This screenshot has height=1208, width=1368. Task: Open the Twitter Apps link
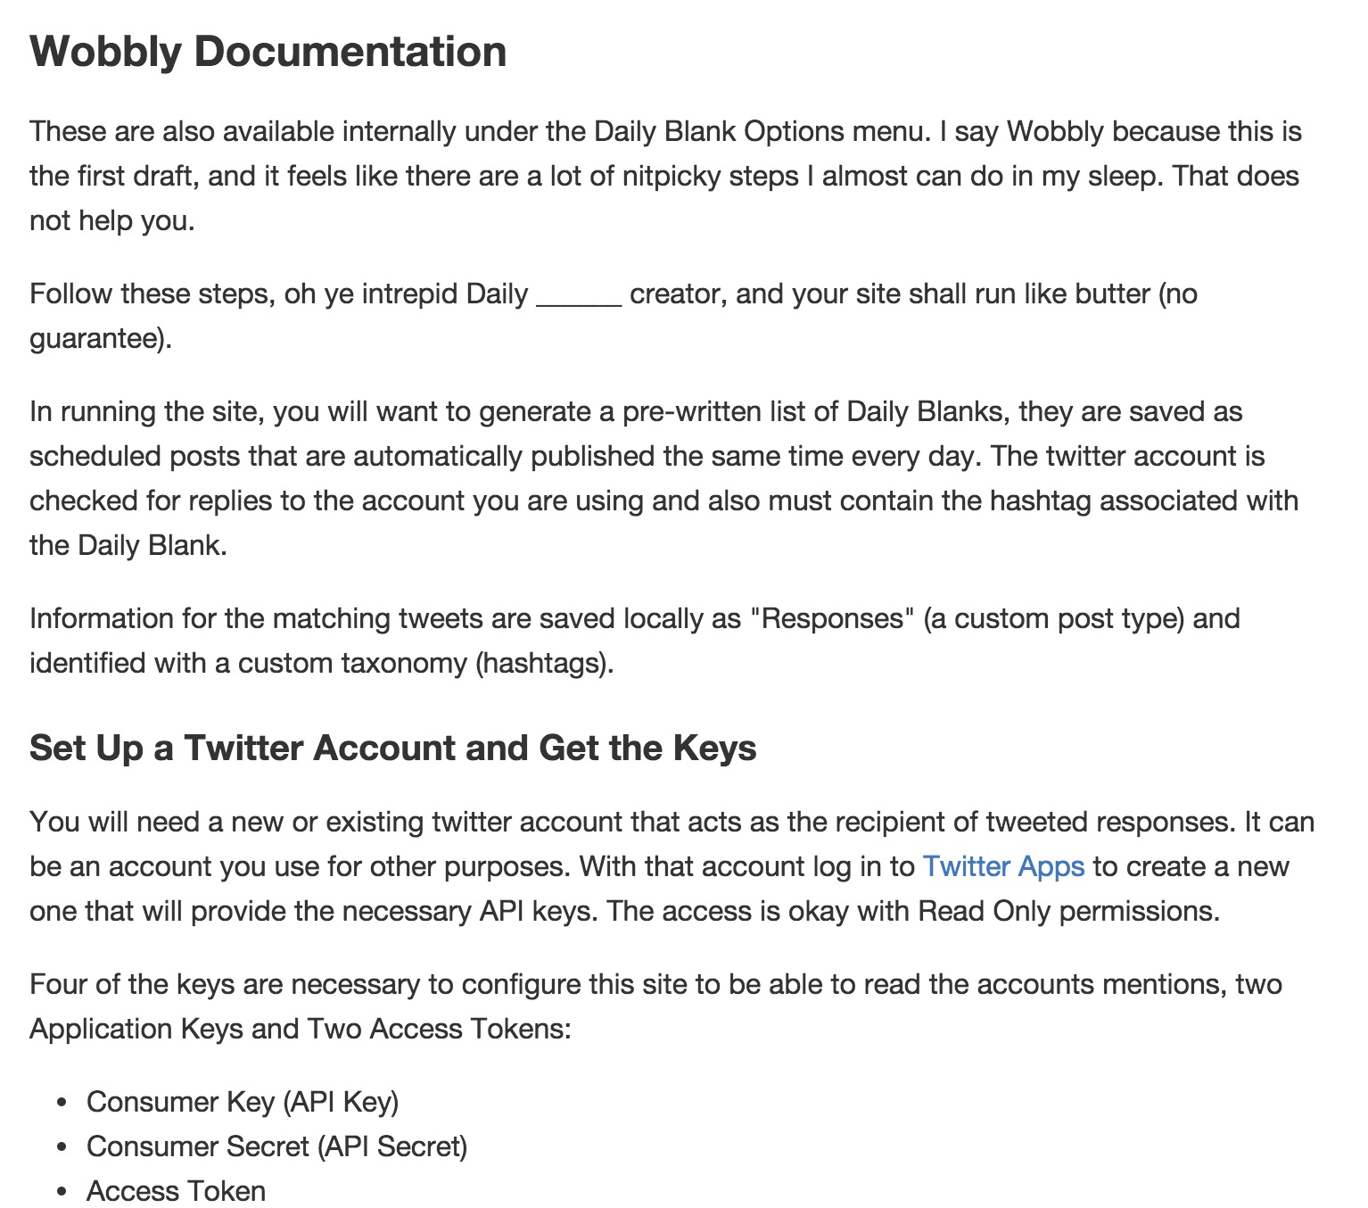point(1003,866)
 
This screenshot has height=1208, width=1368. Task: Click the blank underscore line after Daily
point(579,295)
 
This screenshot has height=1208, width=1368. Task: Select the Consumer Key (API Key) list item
point(243,1102)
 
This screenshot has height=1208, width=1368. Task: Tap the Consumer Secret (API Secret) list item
point(276,1146)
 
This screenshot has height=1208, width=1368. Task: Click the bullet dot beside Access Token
point(62,1192)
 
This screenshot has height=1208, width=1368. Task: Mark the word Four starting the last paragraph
point(59,984)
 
